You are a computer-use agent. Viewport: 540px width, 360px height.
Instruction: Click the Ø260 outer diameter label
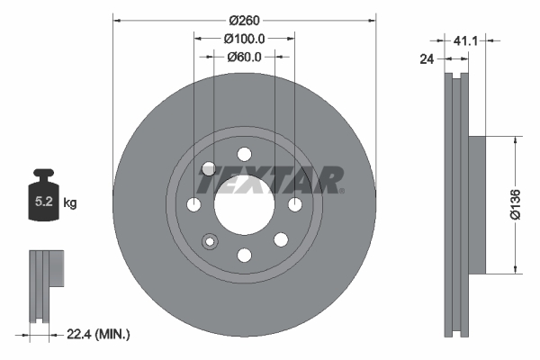pos(244,20)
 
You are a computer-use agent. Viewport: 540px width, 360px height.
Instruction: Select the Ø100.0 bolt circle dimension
pos(244,39)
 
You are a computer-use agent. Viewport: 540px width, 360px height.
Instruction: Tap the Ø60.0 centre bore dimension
pos(244,56)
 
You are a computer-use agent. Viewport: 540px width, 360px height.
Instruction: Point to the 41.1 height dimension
pos(464,40)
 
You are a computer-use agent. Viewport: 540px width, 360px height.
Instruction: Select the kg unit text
pos(70,204)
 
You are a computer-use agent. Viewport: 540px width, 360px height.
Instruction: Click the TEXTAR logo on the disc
pos(270,181)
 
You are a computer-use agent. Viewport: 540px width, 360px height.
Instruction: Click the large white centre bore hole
pos(244,204)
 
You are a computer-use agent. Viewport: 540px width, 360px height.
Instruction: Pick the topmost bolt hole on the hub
pos(244,153)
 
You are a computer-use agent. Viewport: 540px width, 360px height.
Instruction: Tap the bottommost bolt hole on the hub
pos(244,256)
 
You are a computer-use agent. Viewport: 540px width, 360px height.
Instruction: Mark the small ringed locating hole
pos(211,241)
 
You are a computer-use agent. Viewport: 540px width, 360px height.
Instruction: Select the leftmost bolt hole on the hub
pos(193,205)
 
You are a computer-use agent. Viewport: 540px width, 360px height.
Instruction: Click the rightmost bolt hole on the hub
pos(294,205)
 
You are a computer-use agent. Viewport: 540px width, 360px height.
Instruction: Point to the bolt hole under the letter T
pos(209,168)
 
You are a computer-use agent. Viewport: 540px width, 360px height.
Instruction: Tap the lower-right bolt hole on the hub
pos(280,239)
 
